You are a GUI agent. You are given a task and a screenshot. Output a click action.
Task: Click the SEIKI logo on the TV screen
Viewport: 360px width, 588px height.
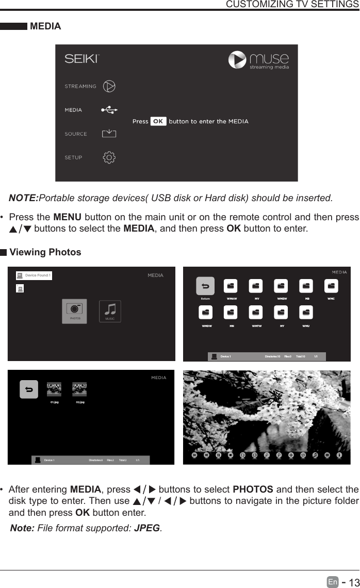(80, 59)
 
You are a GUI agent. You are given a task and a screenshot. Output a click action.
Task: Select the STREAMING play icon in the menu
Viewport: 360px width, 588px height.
(109, 86)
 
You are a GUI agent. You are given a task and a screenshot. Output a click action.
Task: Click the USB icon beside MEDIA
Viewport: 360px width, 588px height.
(109, 109)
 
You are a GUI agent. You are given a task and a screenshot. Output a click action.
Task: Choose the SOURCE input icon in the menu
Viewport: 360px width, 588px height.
(109, 134)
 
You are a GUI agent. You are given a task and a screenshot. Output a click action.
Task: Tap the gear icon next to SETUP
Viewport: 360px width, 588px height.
(109, 157)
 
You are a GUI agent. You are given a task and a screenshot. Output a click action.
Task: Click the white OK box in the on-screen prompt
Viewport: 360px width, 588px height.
(158, 122)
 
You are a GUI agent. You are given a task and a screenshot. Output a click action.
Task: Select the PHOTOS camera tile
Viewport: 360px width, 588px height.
(74, 311)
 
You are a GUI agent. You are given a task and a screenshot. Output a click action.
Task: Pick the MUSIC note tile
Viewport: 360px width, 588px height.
(109, 311)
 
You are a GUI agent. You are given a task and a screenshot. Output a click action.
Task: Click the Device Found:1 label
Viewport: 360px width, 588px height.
(38, 275)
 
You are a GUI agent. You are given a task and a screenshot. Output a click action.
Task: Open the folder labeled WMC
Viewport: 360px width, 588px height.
(331, 287)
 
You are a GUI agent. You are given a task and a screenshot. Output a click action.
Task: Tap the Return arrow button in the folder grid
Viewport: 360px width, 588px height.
(205, 287)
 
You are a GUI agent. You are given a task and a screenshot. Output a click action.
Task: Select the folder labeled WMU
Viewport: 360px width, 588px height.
(306, 313)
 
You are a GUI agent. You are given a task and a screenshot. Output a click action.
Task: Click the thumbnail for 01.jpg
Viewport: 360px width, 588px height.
(54, 389)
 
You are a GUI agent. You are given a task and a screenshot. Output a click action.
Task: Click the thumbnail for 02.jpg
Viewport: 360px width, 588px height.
(79, 389)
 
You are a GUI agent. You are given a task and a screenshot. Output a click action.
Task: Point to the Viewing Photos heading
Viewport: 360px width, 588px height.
(45, 252)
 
